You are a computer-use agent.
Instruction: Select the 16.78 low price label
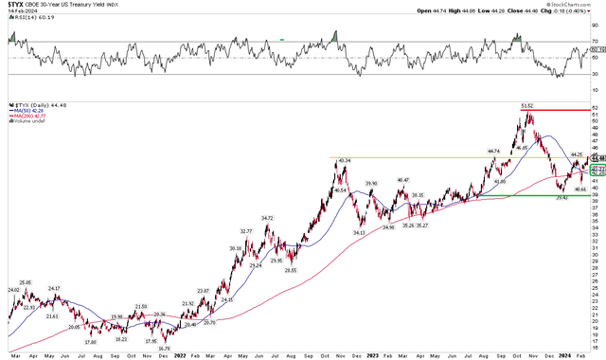165,349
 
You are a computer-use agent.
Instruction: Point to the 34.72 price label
268,218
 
